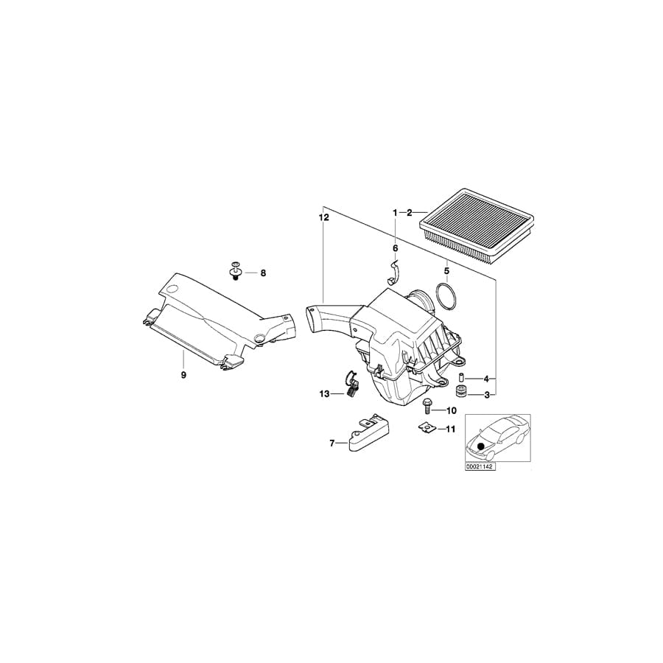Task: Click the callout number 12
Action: [322, 218]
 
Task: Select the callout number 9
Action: [183, 375]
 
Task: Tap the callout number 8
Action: [263, 273]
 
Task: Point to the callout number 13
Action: [325, 394]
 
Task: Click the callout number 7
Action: [332, 443]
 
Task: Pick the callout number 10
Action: [452, 410]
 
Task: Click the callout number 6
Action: [395, 248]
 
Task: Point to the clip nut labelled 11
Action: [426, 427]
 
